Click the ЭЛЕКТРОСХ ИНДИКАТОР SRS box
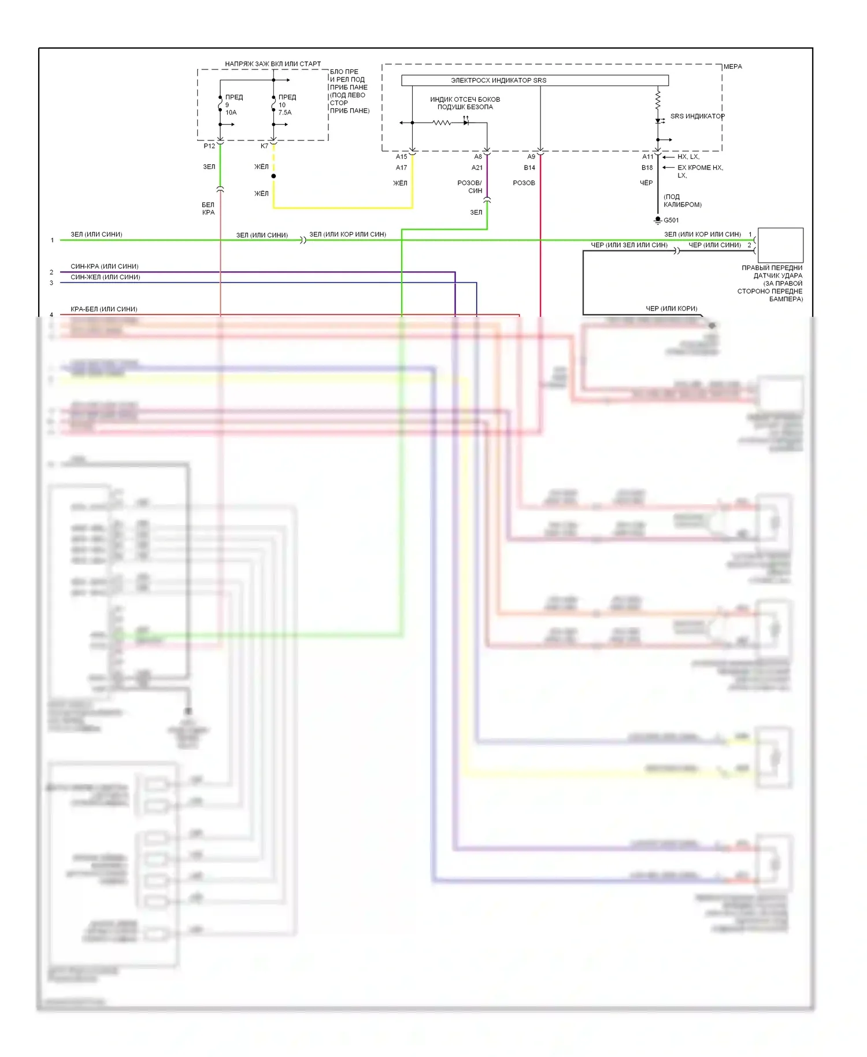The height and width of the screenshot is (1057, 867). tap(535, 80)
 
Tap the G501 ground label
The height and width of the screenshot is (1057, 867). tap(671, 220)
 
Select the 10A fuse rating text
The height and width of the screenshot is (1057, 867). tap(231, 113)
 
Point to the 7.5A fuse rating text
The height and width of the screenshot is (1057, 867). tap(285, 113)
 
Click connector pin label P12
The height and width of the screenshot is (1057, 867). tap(209, 146)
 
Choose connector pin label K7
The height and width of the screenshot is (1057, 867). tap(264, 146)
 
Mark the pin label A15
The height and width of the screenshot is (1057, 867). tap(401, 157)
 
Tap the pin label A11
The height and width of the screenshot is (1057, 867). tap(647, 157)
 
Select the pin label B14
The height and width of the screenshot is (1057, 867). tap(529, 168)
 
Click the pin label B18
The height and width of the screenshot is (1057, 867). tap(647, 168)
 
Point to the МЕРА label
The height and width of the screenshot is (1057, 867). tap(732, 67)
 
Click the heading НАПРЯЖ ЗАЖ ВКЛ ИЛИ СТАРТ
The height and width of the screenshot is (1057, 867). tap(273, 64)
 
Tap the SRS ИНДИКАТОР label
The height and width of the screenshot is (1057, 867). tap(697, 116)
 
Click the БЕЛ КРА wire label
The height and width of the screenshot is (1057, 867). tap(208, 209)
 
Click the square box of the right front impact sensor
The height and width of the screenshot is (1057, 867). tap(780, 245)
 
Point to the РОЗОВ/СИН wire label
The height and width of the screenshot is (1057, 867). tap(469, 187)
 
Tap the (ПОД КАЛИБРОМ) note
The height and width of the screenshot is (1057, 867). tap(682, 201)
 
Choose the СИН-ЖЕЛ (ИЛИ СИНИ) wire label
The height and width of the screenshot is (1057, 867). tap(105, 278)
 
